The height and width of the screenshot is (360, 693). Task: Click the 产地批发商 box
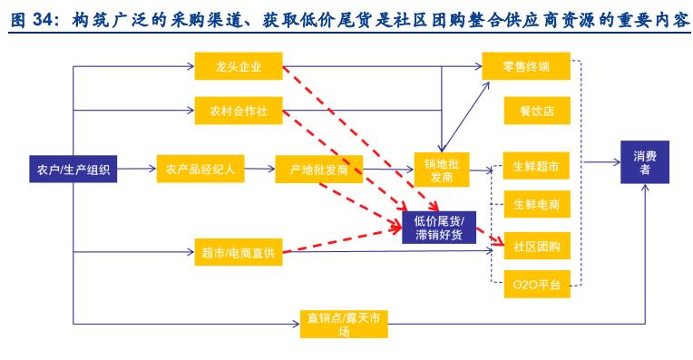click(x=313, y=169)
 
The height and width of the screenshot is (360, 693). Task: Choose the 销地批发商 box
click(x=439, y=169)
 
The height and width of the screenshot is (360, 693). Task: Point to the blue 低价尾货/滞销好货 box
click(x=438, y=228)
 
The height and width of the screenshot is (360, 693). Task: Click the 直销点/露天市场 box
click(x=345, y=324)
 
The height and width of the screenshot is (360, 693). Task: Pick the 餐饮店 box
click(x=536, y=112)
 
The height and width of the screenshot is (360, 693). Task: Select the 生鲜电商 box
click(x=536, y=205)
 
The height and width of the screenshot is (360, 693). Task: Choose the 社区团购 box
click(x=536, y=246)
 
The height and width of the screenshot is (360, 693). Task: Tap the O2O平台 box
click(x=536, y=286)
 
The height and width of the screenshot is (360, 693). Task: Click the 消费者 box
click(x=646, y=163)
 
